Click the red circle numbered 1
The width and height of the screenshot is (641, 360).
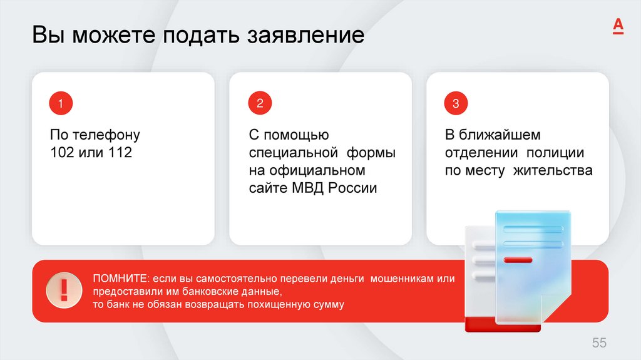pos(61,103)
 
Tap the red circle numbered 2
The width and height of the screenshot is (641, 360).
pos(259,103)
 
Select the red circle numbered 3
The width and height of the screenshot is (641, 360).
pos(456,103)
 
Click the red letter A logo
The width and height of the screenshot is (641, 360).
pos(618,26)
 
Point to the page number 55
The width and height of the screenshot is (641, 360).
pos(599,342)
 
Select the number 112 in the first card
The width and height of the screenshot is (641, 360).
pos(120,152)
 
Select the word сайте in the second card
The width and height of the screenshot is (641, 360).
pos(267,188)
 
